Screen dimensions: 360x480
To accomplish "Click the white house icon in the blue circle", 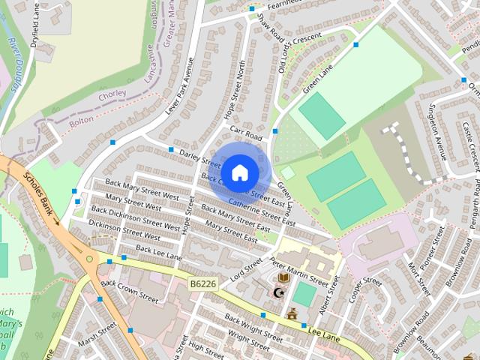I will click(x=239, y=172).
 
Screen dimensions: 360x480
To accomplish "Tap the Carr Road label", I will click(x=246, y=136).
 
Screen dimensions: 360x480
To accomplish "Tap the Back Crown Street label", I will click(x=130, y=292).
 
